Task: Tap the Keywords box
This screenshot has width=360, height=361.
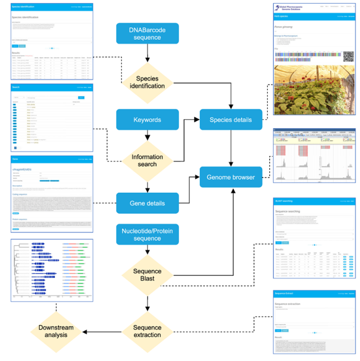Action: [148, 120]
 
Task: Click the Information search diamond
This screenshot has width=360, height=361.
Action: [148, 160]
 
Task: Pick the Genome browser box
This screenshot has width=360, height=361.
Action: [231, 177]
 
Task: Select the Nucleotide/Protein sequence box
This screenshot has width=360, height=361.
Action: [148, 235]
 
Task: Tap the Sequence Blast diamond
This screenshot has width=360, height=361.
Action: [148, 275]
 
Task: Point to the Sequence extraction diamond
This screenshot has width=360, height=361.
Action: [148, 332]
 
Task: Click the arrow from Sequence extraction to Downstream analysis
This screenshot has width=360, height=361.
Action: [103, 332]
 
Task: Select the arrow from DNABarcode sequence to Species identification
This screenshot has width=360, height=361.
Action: [148, 53]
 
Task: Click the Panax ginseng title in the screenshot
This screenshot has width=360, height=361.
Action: [288, 25]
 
